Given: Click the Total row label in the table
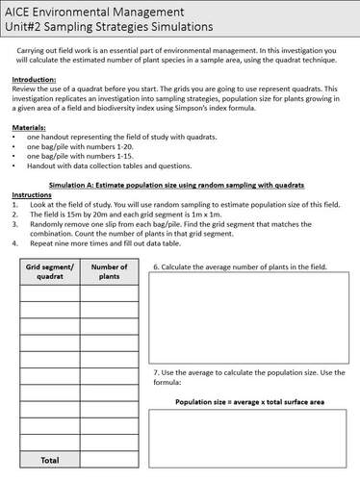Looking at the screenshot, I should tap(48, 460).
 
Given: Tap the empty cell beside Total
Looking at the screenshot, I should tap(109, 460).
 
